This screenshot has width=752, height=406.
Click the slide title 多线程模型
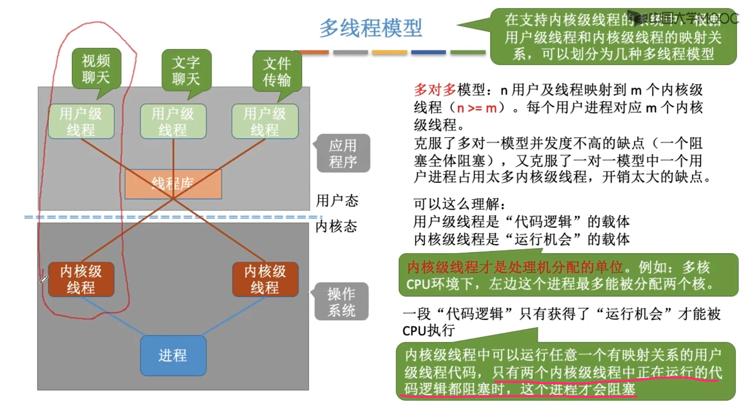pyautogui.click(x=370, y=28)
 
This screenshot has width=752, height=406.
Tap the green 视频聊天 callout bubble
pyautogui.click(x=96, y=69)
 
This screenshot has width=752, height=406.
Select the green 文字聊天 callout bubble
pyautogui.click(x=186, y=71)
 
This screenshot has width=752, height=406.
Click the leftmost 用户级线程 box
pyautogui.click(x=81, y=121)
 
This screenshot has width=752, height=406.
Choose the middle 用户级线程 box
pyautogui.click(x=173, y=121)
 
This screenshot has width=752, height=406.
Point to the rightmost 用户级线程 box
pyautogui.click(x=265, y=121)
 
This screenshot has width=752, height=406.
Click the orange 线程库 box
pyautogui.click(x=173, y=184)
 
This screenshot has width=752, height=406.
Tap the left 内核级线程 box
pyautogui.click(x=81, y=279)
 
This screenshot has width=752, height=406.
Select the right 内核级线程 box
pyautogui.click(x=265, y=279)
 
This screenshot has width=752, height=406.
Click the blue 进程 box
pyautogui.click(x=173, y=356)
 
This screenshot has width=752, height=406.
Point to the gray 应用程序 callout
pyautogui.click(x=343, y=153)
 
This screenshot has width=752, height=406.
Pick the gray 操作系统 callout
pyautogui.click(x=341, y=302)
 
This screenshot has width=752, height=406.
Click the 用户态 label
pyautogui.click(x=337, y=201)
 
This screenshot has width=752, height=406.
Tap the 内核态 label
pyautogui.click(x=336, y=226)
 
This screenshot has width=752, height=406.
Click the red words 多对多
pyautogui.click(x=435, y=90)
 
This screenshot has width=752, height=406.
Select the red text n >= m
pyautogui.click(x=477, y=108)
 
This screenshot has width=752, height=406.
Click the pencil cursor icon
pyautogui.click(x=44, y=279)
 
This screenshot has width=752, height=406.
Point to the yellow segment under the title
pyautogui.click(x=389, y=52)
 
